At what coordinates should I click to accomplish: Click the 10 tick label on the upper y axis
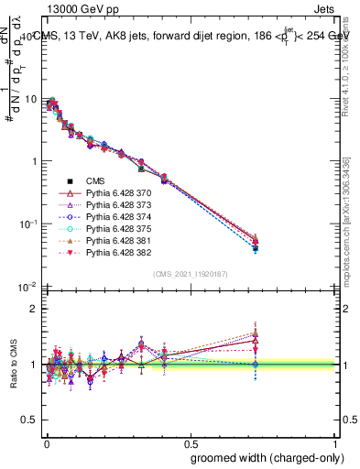click(x=29, y=99)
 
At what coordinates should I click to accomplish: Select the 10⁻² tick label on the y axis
click(x=27, y=287)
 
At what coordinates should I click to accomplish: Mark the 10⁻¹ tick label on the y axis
click(x=27, y=224)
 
